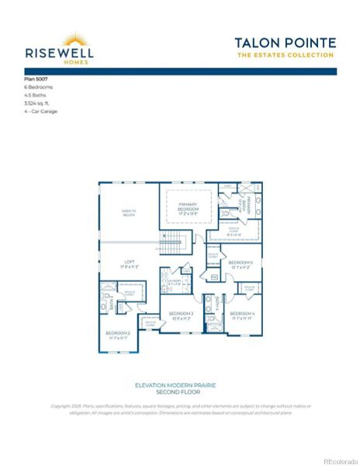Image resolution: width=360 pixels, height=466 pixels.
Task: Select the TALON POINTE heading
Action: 286,43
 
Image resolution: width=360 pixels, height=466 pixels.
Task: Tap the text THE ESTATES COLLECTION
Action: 286,55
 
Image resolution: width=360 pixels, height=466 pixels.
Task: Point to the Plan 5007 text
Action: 35,80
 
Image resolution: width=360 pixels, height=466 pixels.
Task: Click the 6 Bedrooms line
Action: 39,88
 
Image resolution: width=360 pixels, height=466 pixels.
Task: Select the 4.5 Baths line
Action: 35,96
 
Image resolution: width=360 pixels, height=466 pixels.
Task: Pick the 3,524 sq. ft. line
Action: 38,103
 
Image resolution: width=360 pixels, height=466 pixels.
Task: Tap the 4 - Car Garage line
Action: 40,111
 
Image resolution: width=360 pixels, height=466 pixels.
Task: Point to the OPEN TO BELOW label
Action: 129,213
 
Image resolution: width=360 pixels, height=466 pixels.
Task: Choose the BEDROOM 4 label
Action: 242,315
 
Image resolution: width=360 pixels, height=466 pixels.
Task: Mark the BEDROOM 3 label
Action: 181,315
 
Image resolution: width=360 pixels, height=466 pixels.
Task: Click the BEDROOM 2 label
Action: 119,335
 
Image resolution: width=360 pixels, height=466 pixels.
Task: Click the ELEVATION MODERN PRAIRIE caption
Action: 179,385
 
